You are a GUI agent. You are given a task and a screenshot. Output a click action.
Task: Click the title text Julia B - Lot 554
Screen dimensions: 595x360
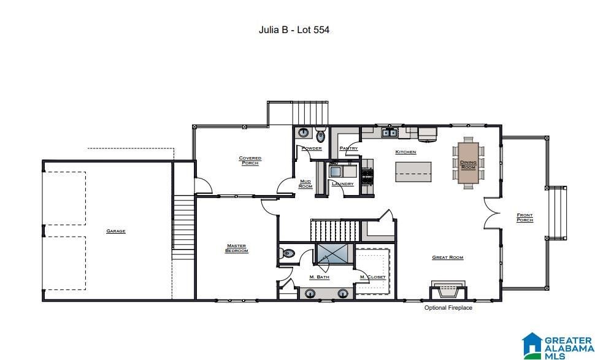click(294, 30)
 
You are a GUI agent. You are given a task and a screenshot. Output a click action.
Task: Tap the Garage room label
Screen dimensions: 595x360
click(116, 231)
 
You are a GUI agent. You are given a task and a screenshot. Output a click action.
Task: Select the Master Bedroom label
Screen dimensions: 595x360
click(236, 248)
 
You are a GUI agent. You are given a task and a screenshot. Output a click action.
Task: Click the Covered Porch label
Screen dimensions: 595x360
click(250, 161)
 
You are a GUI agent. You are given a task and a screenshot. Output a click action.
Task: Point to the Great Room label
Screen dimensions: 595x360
click(448, 257)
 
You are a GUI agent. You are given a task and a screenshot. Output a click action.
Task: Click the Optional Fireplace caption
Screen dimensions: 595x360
click(448, 308)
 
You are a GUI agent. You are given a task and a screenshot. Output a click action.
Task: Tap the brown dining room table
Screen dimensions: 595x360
click(468, 163)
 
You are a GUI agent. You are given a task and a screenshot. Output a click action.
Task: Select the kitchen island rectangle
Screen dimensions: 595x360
click(413, 172)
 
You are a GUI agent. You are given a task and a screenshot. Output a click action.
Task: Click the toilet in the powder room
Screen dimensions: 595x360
click(321, 135)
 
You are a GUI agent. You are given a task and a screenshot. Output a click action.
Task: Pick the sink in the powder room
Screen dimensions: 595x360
click(303, 132)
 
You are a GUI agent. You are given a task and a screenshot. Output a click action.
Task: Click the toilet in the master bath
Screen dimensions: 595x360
click(287, 253)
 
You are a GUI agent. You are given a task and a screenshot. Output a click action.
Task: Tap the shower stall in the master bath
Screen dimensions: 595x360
click(332, 253)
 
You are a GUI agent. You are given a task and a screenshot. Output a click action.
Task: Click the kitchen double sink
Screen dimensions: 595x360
click(390, 132)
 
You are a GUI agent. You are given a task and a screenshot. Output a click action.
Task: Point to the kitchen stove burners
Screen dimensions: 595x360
click(367, 176)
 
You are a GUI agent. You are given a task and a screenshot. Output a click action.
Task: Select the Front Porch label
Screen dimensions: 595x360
click(525, 217)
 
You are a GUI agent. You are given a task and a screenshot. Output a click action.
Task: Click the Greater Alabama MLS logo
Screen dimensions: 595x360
click(558, 346)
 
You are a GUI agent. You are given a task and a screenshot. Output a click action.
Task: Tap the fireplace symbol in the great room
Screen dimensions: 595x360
click(448, 291)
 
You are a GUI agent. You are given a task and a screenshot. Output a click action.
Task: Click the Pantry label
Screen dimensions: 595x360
click(349, 148)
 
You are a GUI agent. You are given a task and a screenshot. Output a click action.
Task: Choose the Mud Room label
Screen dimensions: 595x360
click(305, 184)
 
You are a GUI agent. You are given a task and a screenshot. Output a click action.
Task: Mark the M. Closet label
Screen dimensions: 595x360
click(373, 277)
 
